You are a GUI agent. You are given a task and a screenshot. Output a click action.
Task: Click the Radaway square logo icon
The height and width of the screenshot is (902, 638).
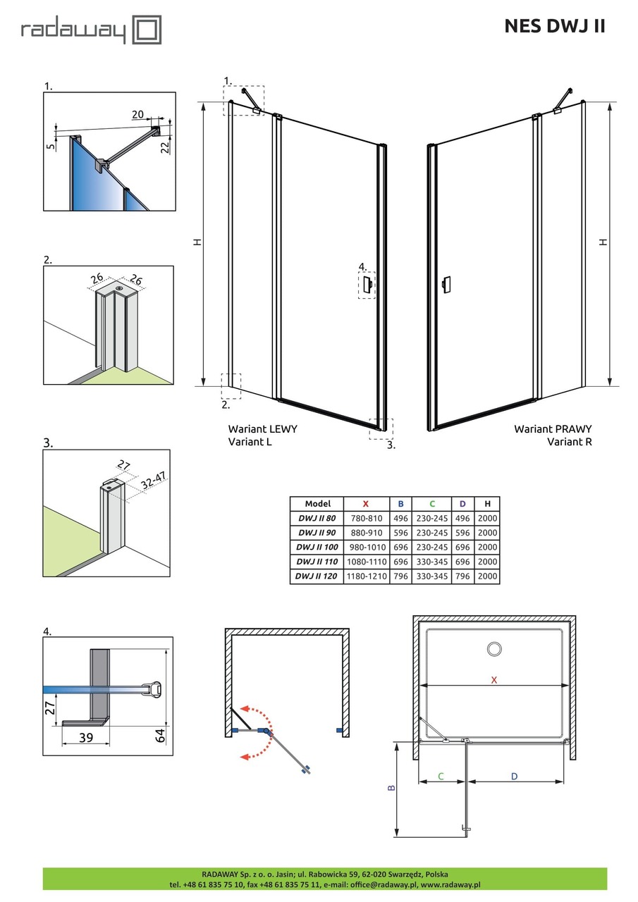pyautogui.click(x=148, y=30)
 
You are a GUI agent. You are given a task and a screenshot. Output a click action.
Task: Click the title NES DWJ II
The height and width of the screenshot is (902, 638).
pyautogui.click(x=554, y=26)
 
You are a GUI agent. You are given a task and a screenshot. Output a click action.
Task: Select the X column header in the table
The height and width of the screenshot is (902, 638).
pyautogui.click(x=365, y=504)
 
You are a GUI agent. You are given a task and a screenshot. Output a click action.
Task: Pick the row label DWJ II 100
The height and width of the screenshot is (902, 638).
pyautogui.click(x=317, y=547)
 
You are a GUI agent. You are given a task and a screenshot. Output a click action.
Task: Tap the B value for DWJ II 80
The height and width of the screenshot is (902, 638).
pyautogui.click(x=400, y=519)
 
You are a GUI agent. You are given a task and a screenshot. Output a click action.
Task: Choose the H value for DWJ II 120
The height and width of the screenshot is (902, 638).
pyautogui.click(x=487, y=576)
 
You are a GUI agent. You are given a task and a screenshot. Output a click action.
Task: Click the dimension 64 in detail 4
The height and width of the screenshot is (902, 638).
pyautogui.click(x=161, y=736)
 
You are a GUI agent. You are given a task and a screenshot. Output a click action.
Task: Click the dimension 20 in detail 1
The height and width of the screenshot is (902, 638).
pyautogui.click(x=137, y=114)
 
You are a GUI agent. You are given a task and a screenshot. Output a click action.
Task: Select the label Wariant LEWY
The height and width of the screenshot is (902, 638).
pyautogui.click(x=262, y=428)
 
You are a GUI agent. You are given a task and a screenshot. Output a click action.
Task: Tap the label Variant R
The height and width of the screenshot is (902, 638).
pyautogui.click(x=570, y=442)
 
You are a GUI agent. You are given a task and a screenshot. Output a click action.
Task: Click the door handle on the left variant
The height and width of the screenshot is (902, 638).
pyautogui.click(x=367, y=285)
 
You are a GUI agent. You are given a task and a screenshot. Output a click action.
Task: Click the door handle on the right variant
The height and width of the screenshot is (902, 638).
pyautogui.click(x=445, y=285)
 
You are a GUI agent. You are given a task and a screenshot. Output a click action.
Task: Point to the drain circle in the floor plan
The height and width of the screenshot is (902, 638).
pyautogui.click(x=493, y=649)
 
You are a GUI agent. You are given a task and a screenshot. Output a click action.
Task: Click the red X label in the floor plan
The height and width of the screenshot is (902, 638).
pyautogui.click(x=494, y=680)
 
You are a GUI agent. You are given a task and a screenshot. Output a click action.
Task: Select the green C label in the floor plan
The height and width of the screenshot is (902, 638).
pyautogui.click(x=441, y=776)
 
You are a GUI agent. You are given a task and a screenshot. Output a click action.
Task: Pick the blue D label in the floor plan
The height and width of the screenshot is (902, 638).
pyautogui.click(x=515, y=776)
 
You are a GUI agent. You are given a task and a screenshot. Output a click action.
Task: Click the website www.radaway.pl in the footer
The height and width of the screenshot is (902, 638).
pyautogui.click(x=450, y=884)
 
